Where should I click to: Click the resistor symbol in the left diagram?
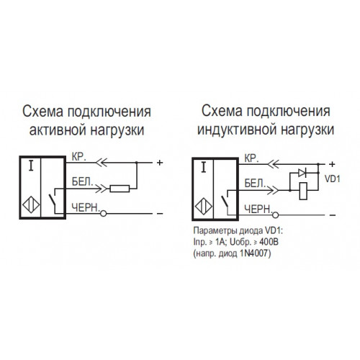(x=120, y=189)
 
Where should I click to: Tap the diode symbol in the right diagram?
(x=302, y=173)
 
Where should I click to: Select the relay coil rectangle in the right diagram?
(x=304, y=191)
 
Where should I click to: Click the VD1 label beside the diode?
(x=333, y=179)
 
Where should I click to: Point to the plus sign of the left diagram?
(x=160, y=163)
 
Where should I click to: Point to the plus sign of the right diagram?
(x=332, y=164)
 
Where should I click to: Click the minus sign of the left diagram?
(x=160, y=214)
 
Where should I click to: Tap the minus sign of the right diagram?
(x=333, y=215)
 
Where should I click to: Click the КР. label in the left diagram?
(x=78, y=157)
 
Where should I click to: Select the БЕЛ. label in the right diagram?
(x=255, y=184)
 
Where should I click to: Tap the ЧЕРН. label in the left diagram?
(x=86, y=207)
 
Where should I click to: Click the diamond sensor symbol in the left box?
(x=31, y=205)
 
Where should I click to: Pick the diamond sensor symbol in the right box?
(x=204, y=207)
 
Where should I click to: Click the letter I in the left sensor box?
(x=31, y=166)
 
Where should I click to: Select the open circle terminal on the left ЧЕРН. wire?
(x=103, y=214)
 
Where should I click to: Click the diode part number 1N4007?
(x=254, y=253)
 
